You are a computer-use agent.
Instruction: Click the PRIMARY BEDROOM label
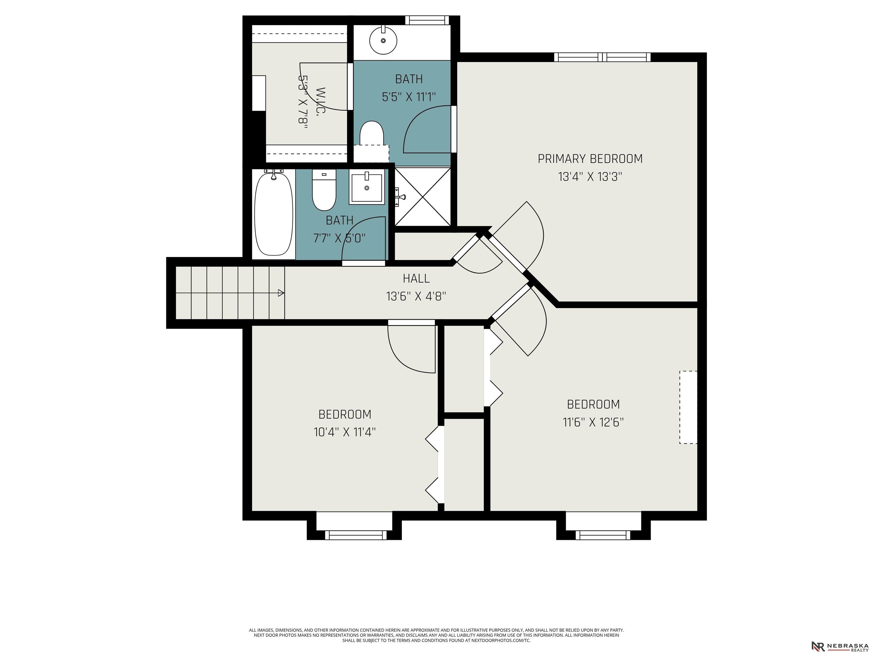(x=590, y=159)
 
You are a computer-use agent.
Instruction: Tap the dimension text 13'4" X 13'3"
(x=590, y=177)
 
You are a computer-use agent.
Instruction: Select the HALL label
(x=416, y=278)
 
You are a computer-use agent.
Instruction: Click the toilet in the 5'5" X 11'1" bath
(x=371, y=134)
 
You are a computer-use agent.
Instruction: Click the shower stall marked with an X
(x=423, y=196)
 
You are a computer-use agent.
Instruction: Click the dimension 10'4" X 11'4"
(x=344, y=432)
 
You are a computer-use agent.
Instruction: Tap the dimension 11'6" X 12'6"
(x=593, y=422)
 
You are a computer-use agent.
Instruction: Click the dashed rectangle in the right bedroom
(x=688, y=407)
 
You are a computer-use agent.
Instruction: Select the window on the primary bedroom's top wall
(x=602, y=57)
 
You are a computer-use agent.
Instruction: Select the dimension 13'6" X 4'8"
(x=416, y=296)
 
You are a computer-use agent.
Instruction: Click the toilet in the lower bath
(x=324, y=191)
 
